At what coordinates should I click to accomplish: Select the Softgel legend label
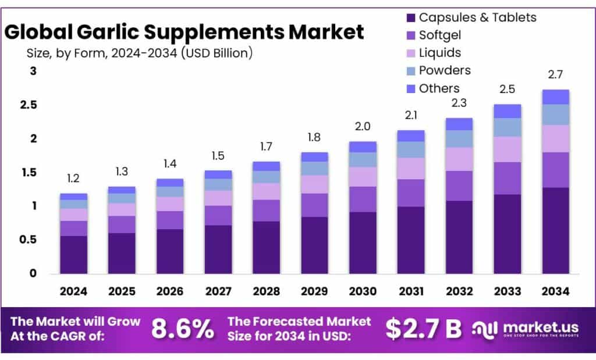(x=439, y=35)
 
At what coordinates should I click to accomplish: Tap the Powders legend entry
(x=445, y=70)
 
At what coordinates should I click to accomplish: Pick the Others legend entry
(x=439, y=88)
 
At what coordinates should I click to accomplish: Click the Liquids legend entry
(x=439, y=53)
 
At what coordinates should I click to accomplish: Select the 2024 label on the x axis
(x=73, y=290)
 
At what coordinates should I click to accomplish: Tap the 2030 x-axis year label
(x=363, y=290)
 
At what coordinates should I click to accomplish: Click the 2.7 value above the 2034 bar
(x=555, y=75)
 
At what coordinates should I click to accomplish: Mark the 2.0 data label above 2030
(x=363, y=127)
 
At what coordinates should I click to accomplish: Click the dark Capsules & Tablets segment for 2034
(x=555, y=230)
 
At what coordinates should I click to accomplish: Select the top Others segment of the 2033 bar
(x=507, y=111)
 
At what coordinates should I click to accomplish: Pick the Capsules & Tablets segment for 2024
(x=73, y=254)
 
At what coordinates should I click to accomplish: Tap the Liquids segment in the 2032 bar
(x=459, y=159)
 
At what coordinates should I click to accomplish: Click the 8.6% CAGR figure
(x=182, y=329)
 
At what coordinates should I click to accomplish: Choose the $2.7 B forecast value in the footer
(x=423, y=329)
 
